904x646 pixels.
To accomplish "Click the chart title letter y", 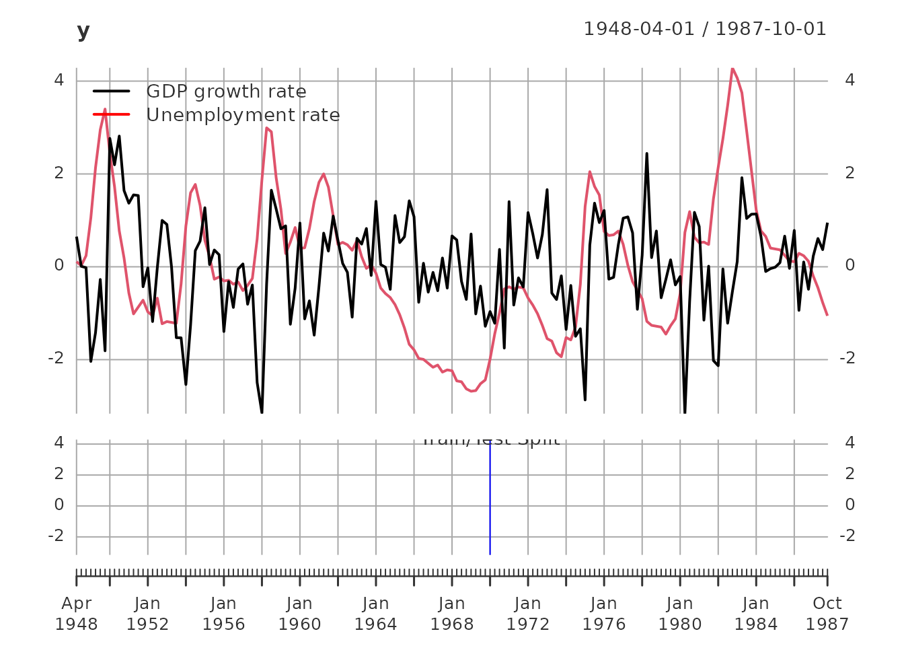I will (83, 31).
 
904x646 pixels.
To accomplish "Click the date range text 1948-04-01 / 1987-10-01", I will (704, 29).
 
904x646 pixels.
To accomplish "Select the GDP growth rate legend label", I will (226, 92).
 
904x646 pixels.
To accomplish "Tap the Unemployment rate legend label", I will (243, 115).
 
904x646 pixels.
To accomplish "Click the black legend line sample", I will (111, 92).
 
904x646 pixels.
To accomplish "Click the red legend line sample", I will (111, 115).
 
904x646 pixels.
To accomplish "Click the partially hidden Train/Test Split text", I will (490, 441).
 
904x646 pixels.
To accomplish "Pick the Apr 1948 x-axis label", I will (76, 614).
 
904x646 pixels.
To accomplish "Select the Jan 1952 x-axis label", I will (147, 614).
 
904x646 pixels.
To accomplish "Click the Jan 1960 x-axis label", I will (299, 614).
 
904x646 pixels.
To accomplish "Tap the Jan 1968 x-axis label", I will (451, 614).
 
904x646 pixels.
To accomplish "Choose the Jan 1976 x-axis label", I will (603, 614).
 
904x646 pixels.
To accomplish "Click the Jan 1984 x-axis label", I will (755, 614).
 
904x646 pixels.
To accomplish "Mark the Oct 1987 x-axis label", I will (827, 614).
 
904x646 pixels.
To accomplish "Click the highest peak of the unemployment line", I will (732, 69).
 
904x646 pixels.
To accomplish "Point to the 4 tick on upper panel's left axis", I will (59, 80).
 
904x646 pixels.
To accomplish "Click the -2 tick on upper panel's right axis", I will (847, 359).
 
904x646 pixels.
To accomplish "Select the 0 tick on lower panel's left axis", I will (59, 505).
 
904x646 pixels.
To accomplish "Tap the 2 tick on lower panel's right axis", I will (850, 474).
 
